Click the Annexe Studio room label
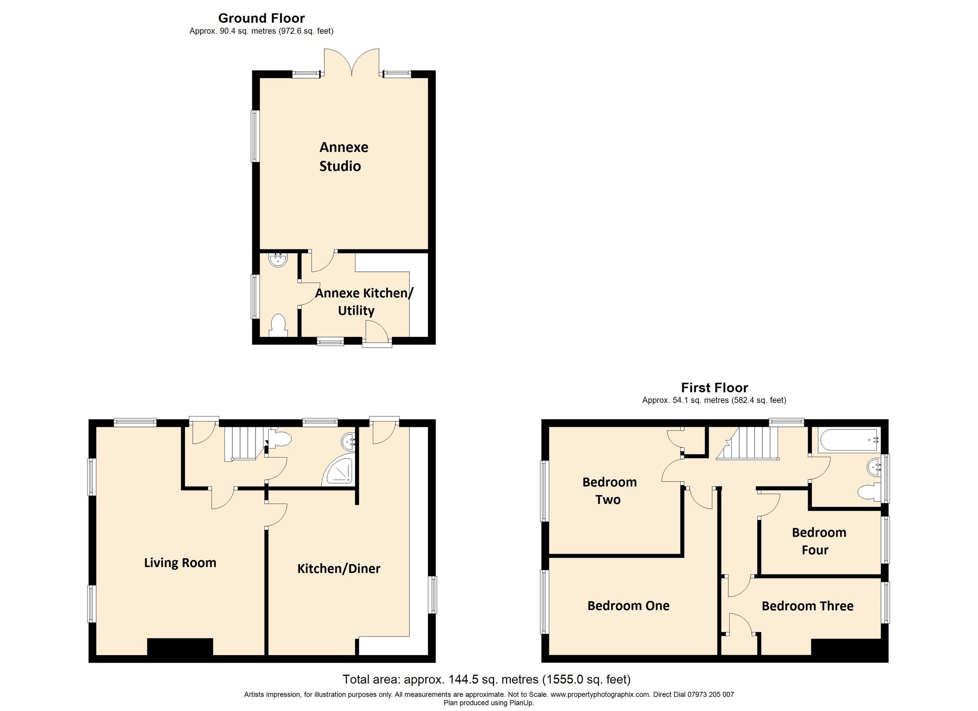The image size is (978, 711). click(x=343, y=156)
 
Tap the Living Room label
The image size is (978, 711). click(x=180, y=563)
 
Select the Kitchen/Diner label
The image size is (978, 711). click(x=339, y=568)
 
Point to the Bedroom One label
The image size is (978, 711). click(x=628, y=605)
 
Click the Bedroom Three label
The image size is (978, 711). click(x=807, y=606)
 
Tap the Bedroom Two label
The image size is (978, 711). click(x=609, y=490)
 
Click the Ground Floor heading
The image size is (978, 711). click(x=261, y=18)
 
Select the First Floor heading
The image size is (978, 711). click(x=714, y=387)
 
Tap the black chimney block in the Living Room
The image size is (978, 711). click(x=180, y=646)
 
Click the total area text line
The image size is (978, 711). click(x=487, y=680)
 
